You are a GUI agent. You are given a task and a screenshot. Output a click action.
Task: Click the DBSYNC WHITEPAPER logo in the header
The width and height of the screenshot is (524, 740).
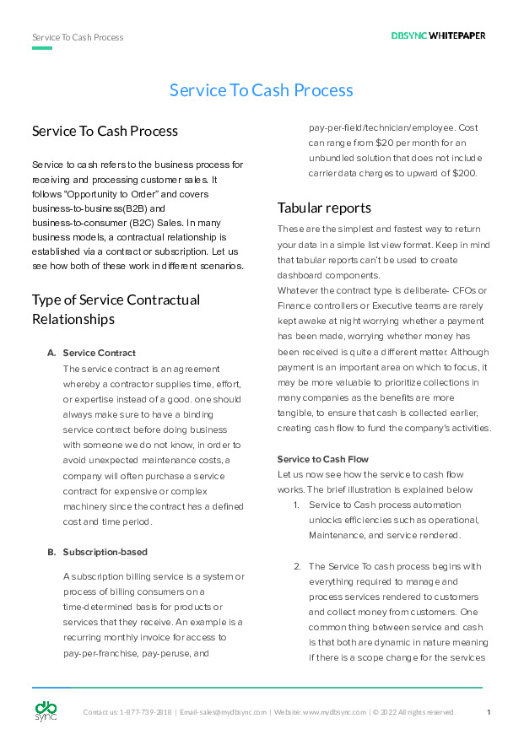tap(438, 36)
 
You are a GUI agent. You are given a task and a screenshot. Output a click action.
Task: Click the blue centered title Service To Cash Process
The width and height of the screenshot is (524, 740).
tap(262, 90)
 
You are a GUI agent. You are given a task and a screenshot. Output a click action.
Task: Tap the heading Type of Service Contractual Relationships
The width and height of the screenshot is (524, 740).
tap(116, 310)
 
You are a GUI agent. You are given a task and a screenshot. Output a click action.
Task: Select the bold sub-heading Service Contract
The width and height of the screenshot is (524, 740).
tap(100, 353)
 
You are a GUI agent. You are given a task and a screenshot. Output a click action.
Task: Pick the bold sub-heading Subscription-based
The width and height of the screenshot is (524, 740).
tap(105, 552)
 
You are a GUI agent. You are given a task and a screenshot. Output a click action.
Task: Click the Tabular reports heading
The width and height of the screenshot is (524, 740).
tap(324, 208)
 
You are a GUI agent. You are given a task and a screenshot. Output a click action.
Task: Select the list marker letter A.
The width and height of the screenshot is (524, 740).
tap(51, 353)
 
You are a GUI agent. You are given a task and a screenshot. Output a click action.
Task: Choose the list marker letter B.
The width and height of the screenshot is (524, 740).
tap(51, 552)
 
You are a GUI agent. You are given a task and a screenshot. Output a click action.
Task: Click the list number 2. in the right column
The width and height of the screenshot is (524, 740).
tap(297, 566)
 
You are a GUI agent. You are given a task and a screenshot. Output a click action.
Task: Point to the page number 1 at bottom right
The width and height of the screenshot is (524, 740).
tap(489, 712)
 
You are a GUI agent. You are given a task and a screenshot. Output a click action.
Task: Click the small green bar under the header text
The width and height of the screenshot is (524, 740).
tap(42, 48)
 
